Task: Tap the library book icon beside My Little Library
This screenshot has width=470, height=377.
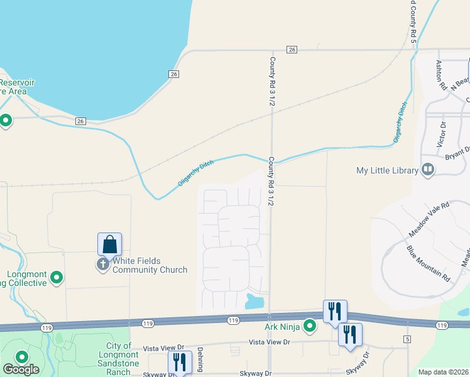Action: (428, 170)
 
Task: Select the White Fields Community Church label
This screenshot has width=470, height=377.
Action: (150, 265)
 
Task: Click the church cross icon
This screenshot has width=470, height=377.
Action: (103, 265)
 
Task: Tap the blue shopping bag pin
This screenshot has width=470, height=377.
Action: (109, 244)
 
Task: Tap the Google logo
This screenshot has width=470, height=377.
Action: (21, 370)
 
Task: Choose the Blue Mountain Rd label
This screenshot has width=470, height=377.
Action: (428, 263)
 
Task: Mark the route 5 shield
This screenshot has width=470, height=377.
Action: (407, 339)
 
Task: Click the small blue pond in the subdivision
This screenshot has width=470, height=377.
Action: (254, 301)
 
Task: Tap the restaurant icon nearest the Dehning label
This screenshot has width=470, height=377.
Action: (180, 361)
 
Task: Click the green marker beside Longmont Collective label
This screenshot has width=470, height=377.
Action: (57, 277)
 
